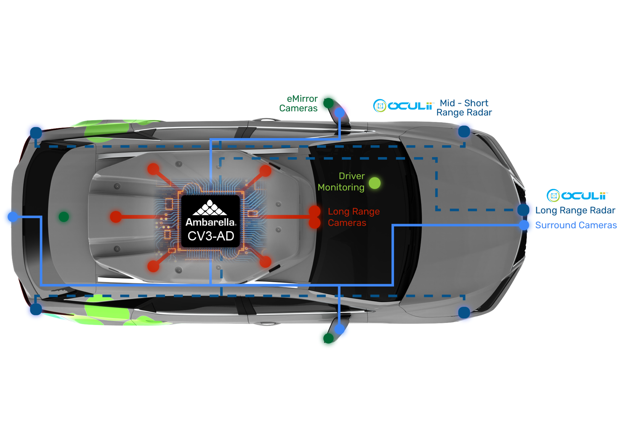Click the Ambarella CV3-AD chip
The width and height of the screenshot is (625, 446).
coord(210,221)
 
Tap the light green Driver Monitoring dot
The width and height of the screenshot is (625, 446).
coord(375,183)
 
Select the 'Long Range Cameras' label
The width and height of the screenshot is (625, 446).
coord(353,217)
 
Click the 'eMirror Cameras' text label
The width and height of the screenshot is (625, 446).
coord(298,104)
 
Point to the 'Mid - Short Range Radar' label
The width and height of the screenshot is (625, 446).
coord(464,108)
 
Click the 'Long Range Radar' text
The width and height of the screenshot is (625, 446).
coord(575,210)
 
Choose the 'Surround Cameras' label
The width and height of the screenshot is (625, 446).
coord(576,225)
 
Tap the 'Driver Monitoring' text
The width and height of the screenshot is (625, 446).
coord(341,182)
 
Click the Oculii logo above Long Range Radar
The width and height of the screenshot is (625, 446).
coord(577,196)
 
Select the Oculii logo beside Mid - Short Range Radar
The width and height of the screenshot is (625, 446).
coord(403,106)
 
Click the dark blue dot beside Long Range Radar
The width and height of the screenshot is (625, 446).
coord(523,209)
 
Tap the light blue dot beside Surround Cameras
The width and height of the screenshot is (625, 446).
coord(524,225)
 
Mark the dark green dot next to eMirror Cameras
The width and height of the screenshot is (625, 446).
coord(329,103)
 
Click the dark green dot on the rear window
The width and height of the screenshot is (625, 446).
coord(64,217)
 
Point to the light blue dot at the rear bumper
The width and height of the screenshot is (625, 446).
coord(13,217)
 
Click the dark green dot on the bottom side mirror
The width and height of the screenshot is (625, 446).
coord(329,338)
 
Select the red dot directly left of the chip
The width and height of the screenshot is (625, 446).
coord(116,217)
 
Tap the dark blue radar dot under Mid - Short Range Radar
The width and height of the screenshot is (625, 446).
coord(464,131)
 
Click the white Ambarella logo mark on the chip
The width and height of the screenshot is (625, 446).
coord(210,208)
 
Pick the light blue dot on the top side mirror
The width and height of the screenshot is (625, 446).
coord(340,113)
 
